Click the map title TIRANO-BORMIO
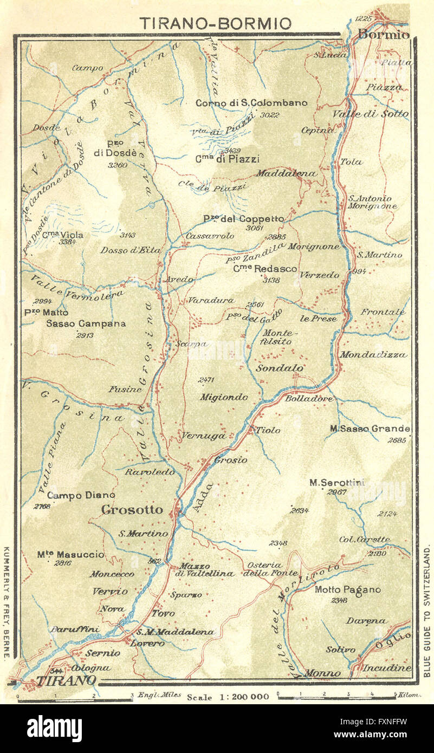215,23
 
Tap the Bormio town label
383,35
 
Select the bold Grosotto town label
132,509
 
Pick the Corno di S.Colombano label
251,102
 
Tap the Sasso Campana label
86,323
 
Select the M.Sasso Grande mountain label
370,429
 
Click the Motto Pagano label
347,589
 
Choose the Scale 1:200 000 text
228,697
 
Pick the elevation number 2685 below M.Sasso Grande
397,440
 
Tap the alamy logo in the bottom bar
54,728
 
